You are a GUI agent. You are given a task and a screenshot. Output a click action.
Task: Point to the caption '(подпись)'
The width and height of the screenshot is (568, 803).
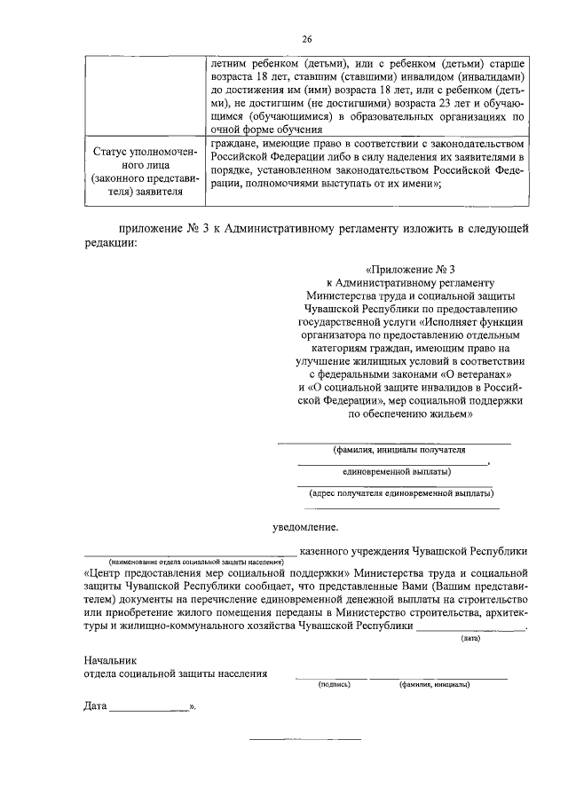click(x=335, y=685)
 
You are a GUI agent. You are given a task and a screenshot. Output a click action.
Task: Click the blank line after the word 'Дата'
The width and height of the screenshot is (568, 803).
click(x=148, y=711)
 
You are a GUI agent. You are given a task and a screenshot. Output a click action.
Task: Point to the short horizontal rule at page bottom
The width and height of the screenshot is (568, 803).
click(x=304, y=738)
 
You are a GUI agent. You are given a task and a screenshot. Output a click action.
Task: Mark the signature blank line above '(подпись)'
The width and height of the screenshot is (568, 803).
click(x=331, y=678)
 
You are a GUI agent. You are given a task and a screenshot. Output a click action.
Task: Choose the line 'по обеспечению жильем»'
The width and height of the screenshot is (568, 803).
click(x=409, y=414)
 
